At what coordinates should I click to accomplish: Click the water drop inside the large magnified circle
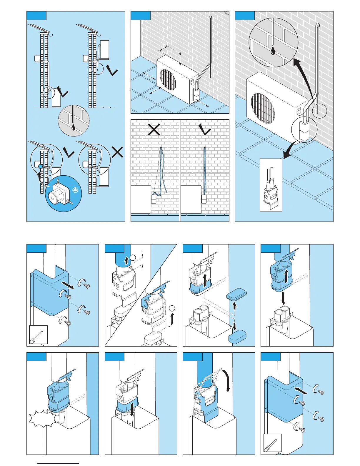click(x=274, y=51)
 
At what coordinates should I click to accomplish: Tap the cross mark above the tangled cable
click(x=154, y=129)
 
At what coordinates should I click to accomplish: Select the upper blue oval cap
click(x=236, y=295)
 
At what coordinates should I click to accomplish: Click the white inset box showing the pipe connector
click(x=271, y=185)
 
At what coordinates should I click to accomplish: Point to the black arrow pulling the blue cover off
click(x=68, y=285)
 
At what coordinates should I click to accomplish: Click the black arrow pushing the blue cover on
click(x=301, y=391)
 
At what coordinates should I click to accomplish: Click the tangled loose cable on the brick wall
click(x=162, y=174)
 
